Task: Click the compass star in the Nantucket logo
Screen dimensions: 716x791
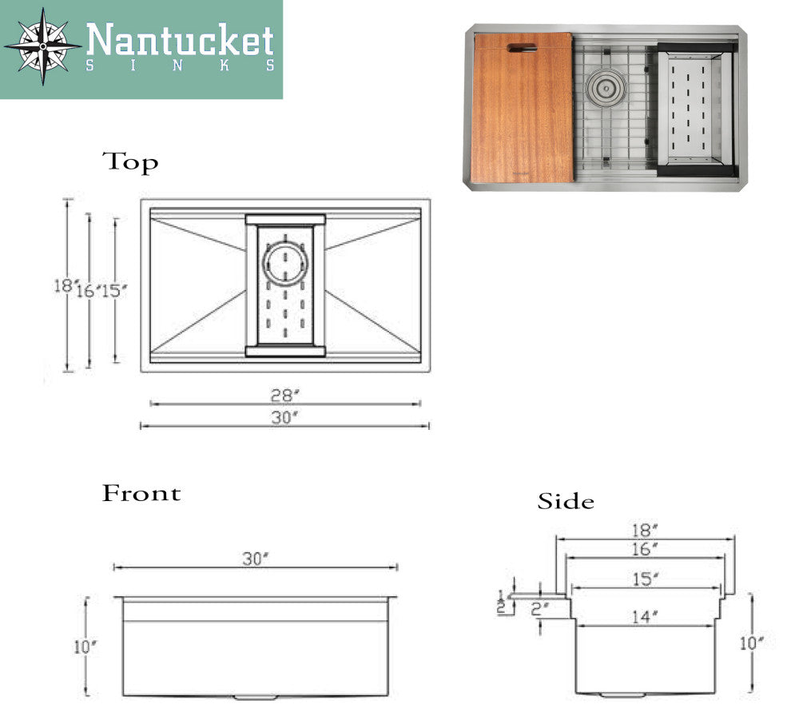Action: [x=42, y=46]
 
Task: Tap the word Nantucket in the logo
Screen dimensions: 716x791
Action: [x=180, y=40]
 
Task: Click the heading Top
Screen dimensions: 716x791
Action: [x=130, y=162]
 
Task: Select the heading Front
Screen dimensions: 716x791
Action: [x=141, y=493]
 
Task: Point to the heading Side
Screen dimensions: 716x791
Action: [x=566, y=502]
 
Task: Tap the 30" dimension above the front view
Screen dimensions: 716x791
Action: [x=255, y=559]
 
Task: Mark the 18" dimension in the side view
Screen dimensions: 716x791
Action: [x=646, y=530]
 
